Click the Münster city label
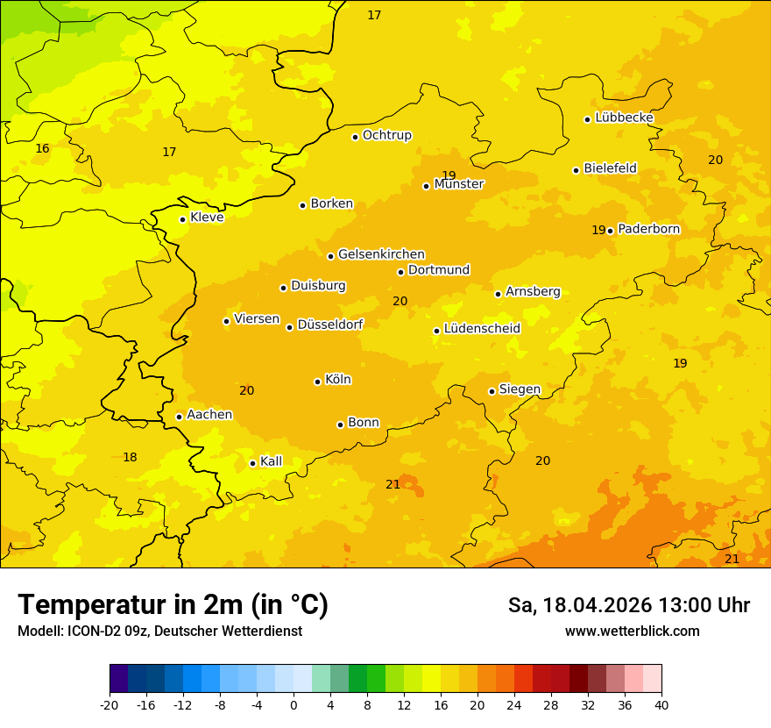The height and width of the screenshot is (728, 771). click(459, 184)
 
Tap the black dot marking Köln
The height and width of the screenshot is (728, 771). click(317, 382)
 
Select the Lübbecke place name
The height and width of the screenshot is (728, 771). click(624, 118)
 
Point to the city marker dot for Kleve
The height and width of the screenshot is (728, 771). click(182, 219)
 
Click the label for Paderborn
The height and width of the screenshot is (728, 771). click(648, 229)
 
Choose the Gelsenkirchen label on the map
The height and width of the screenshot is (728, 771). click(381, 254)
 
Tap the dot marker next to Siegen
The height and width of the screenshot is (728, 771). click(492, 391)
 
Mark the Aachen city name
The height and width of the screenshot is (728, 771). click(209, 415)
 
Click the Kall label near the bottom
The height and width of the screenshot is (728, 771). click(271, 461)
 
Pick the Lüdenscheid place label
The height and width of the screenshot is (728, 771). click(482, 329)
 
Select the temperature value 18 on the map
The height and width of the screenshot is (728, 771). click(130, 457)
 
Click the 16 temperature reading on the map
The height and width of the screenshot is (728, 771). click(42, 148)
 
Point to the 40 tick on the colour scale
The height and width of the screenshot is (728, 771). click(661, 704)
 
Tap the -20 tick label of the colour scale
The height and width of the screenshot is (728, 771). click(109, 704)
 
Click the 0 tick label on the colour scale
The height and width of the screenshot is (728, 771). click(294, 704)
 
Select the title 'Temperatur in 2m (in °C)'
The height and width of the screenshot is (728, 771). click(173, 604)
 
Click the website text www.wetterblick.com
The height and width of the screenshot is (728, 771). click(632, 632)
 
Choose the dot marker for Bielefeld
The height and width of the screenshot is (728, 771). click(576, 170)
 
